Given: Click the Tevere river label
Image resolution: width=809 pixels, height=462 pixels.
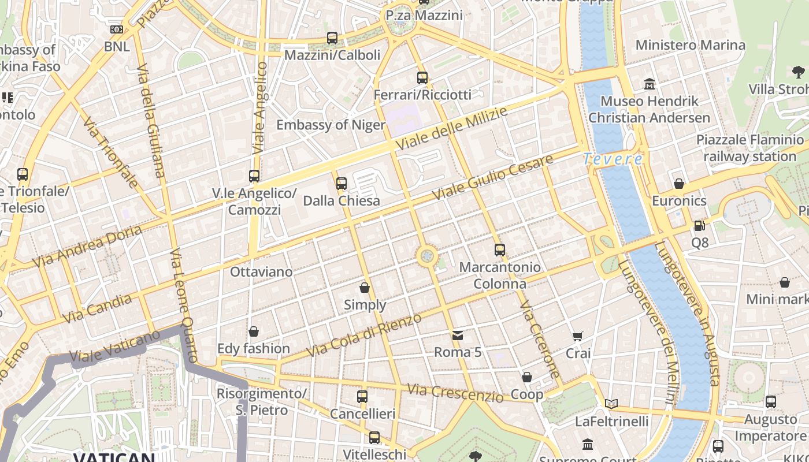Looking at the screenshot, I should click(613, 159).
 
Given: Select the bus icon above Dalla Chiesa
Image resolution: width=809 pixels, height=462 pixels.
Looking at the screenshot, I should click(342, 184).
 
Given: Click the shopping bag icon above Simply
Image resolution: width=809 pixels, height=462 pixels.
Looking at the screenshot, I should click(365, 287).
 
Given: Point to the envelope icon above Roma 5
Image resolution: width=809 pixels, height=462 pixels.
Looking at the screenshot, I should click(458, 335).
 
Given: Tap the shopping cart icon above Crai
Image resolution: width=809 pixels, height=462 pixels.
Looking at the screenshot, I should click(577, 336).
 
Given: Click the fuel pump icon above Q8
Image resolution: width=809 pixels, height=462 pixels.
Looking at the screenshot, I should click(699, 226).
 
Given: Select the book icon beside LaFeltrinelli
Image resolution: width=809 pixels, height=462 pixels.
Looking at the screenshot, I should click(611, 404).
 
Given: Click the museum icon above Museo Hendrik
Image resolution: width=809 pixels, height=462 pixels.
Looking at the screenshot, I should click(650, 84).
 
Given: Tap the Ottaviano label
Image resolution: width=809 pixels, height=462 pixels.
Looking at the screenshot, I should click(261, 271).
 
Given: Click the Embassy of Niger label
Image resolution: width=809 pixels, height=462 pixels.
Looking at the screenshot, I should click(331, 125).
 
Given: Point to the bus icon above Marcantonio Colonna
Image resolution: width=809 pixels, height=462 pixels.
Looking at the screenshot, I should click(500, 250).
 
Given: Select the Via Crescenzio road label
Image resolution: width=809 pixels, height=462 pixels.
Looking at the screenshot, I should click(455, 393).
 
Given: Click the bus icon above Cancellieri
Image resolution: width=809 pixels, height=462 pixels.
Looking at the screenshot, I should click(362, 397).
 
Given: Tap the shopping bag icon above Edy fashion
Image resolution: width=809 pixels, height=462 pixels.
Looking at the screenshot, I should click(253, 331).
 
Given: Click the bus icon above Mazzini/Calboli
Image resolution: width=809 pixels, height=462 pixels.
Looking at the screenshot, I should click(332, 38).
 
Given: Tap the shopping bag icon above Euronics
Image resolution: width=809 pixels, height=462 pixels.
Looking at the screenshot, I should click(679, 184).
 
